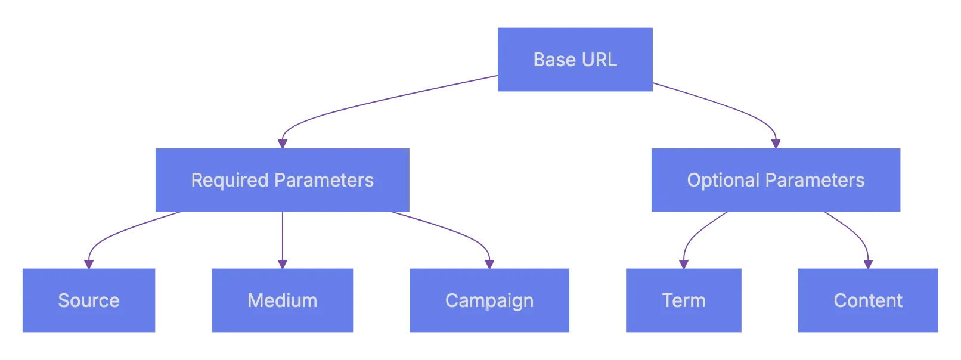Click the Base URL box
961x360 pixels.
(574, 60)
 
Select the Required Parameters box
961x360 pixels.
(281, 181)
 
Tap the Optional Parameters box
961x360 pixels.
(775, 181)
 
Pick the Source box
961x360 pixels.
(88, 300)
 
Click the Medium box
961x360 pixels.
(283, 300)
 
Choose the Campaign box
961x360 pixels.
(489, 300)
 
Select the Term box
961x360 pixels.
(684, 300)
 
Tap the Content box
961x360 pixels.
(867, 300)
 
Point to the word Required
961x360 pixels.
(229, 181)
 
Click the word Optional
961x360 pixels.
(723, 181)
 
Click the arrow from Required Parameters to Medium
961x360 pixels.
(283, 238)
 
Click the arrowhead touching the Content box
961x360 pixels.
(867, 262)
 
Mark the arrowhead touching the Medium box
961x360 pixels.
(283, 262)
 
